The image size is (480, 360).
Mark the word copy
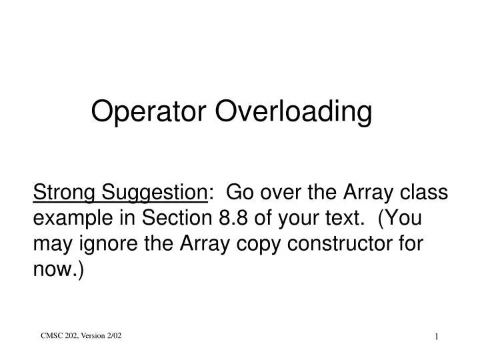coord(252,244)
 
